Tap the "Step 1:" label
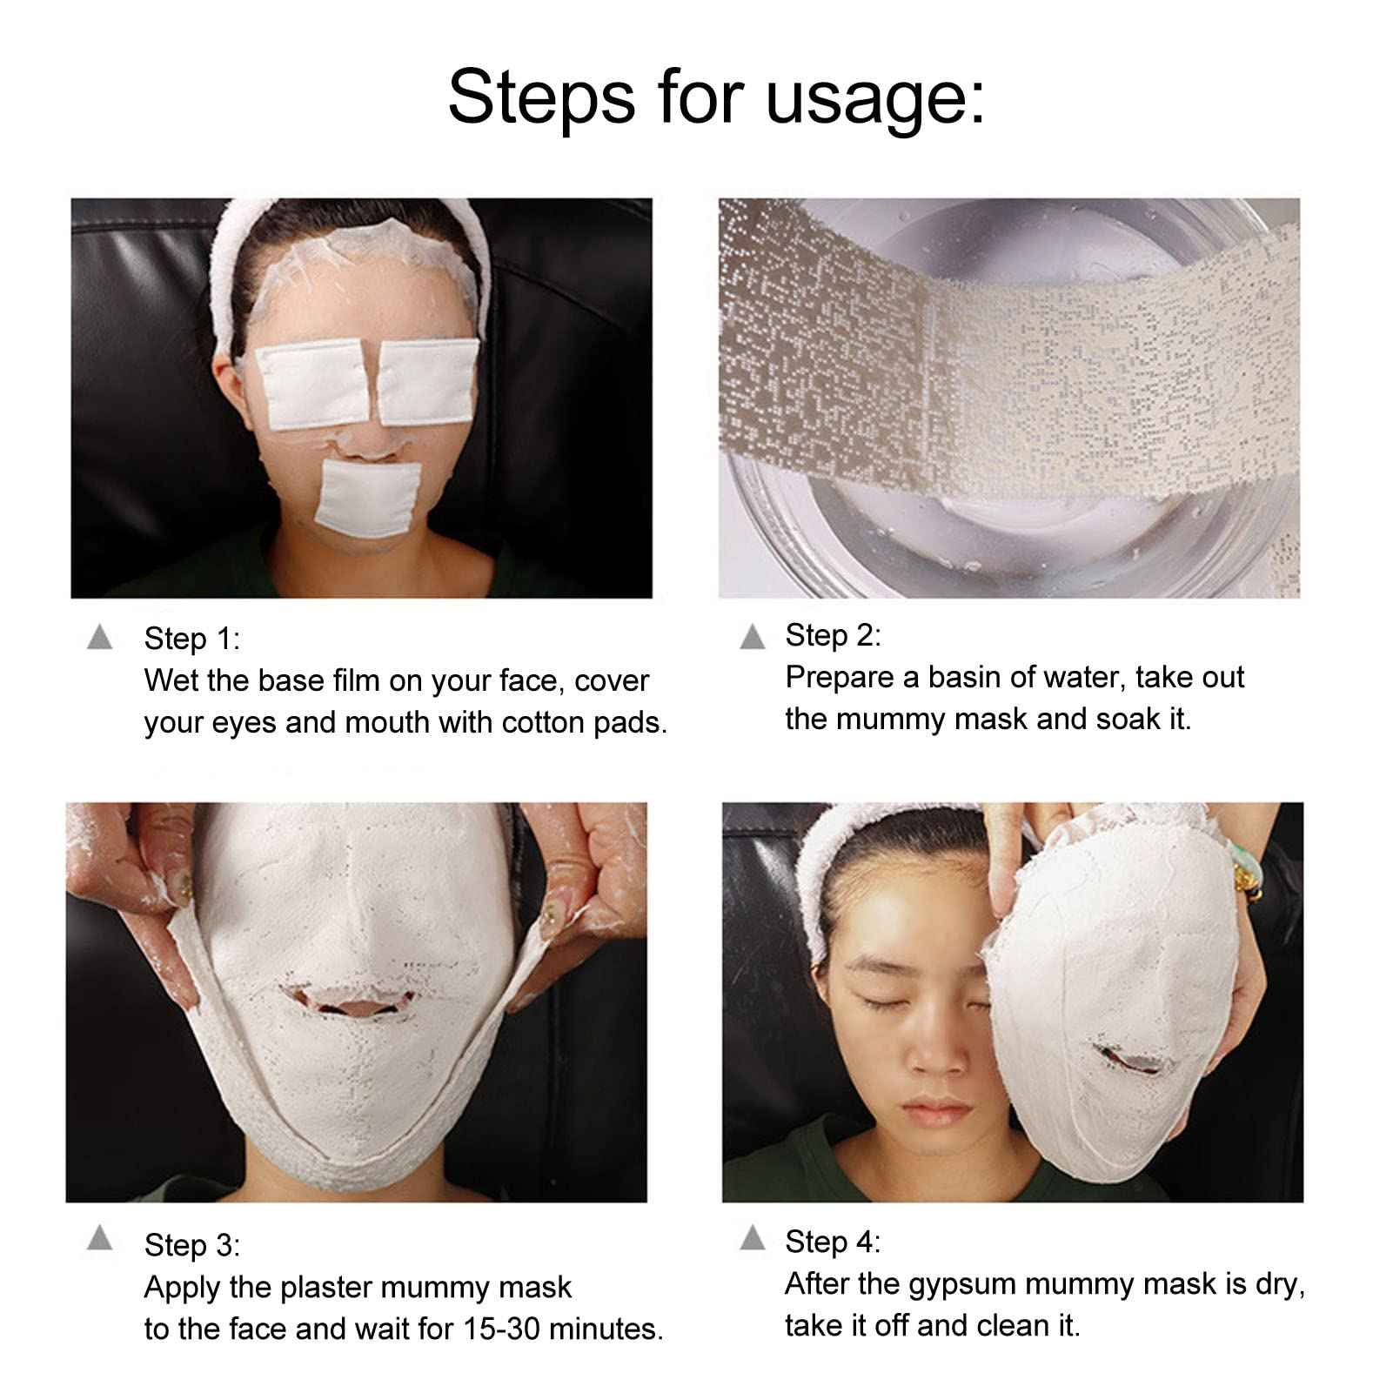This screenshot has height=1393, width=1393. point(191,639)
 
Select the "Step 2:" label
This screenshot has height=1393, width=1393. point(833,635)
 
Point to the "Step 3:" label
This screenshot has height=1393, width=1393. point(191,1244)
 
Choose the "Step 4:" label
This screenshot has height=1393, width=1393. point(833,1241)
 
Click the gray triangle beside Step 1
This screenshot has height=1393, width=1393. point(100,638)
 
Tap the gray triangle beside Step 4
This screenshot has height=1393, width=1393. point(752,1238)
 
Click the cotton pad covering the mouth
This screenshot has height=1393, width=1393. point(367,496)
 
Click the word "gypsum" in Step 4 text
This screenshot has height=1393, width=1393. point(962,1284)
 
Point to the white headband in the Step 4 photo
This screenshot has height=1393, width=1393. point(835,857)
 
